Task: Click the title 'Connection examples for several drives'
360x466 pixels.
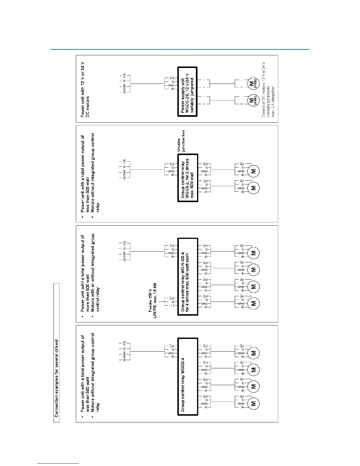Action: click(56, 378)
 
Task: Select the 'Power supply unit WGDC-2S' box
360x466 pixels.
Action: click(187, 92)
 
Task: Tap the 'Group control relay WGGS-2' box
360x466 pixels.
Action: click(188, 178)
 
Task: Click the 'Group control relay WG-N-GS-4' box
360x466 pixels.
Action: click(188, 277)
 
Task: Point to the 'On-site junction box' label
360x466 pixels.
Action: click(181, 141)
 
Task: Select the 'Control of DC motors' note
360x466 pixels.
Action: click(264, 90)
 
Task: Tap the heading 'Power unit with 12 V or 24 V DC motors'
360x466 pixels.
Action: click(85, 89)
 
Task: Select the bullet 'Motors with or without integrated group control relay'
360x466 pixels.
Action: click(95, 272)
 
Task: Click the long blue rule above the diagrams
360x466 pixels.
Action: click(180, 49)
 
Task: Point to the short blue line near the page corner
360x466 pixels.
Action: click(58, 464)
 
